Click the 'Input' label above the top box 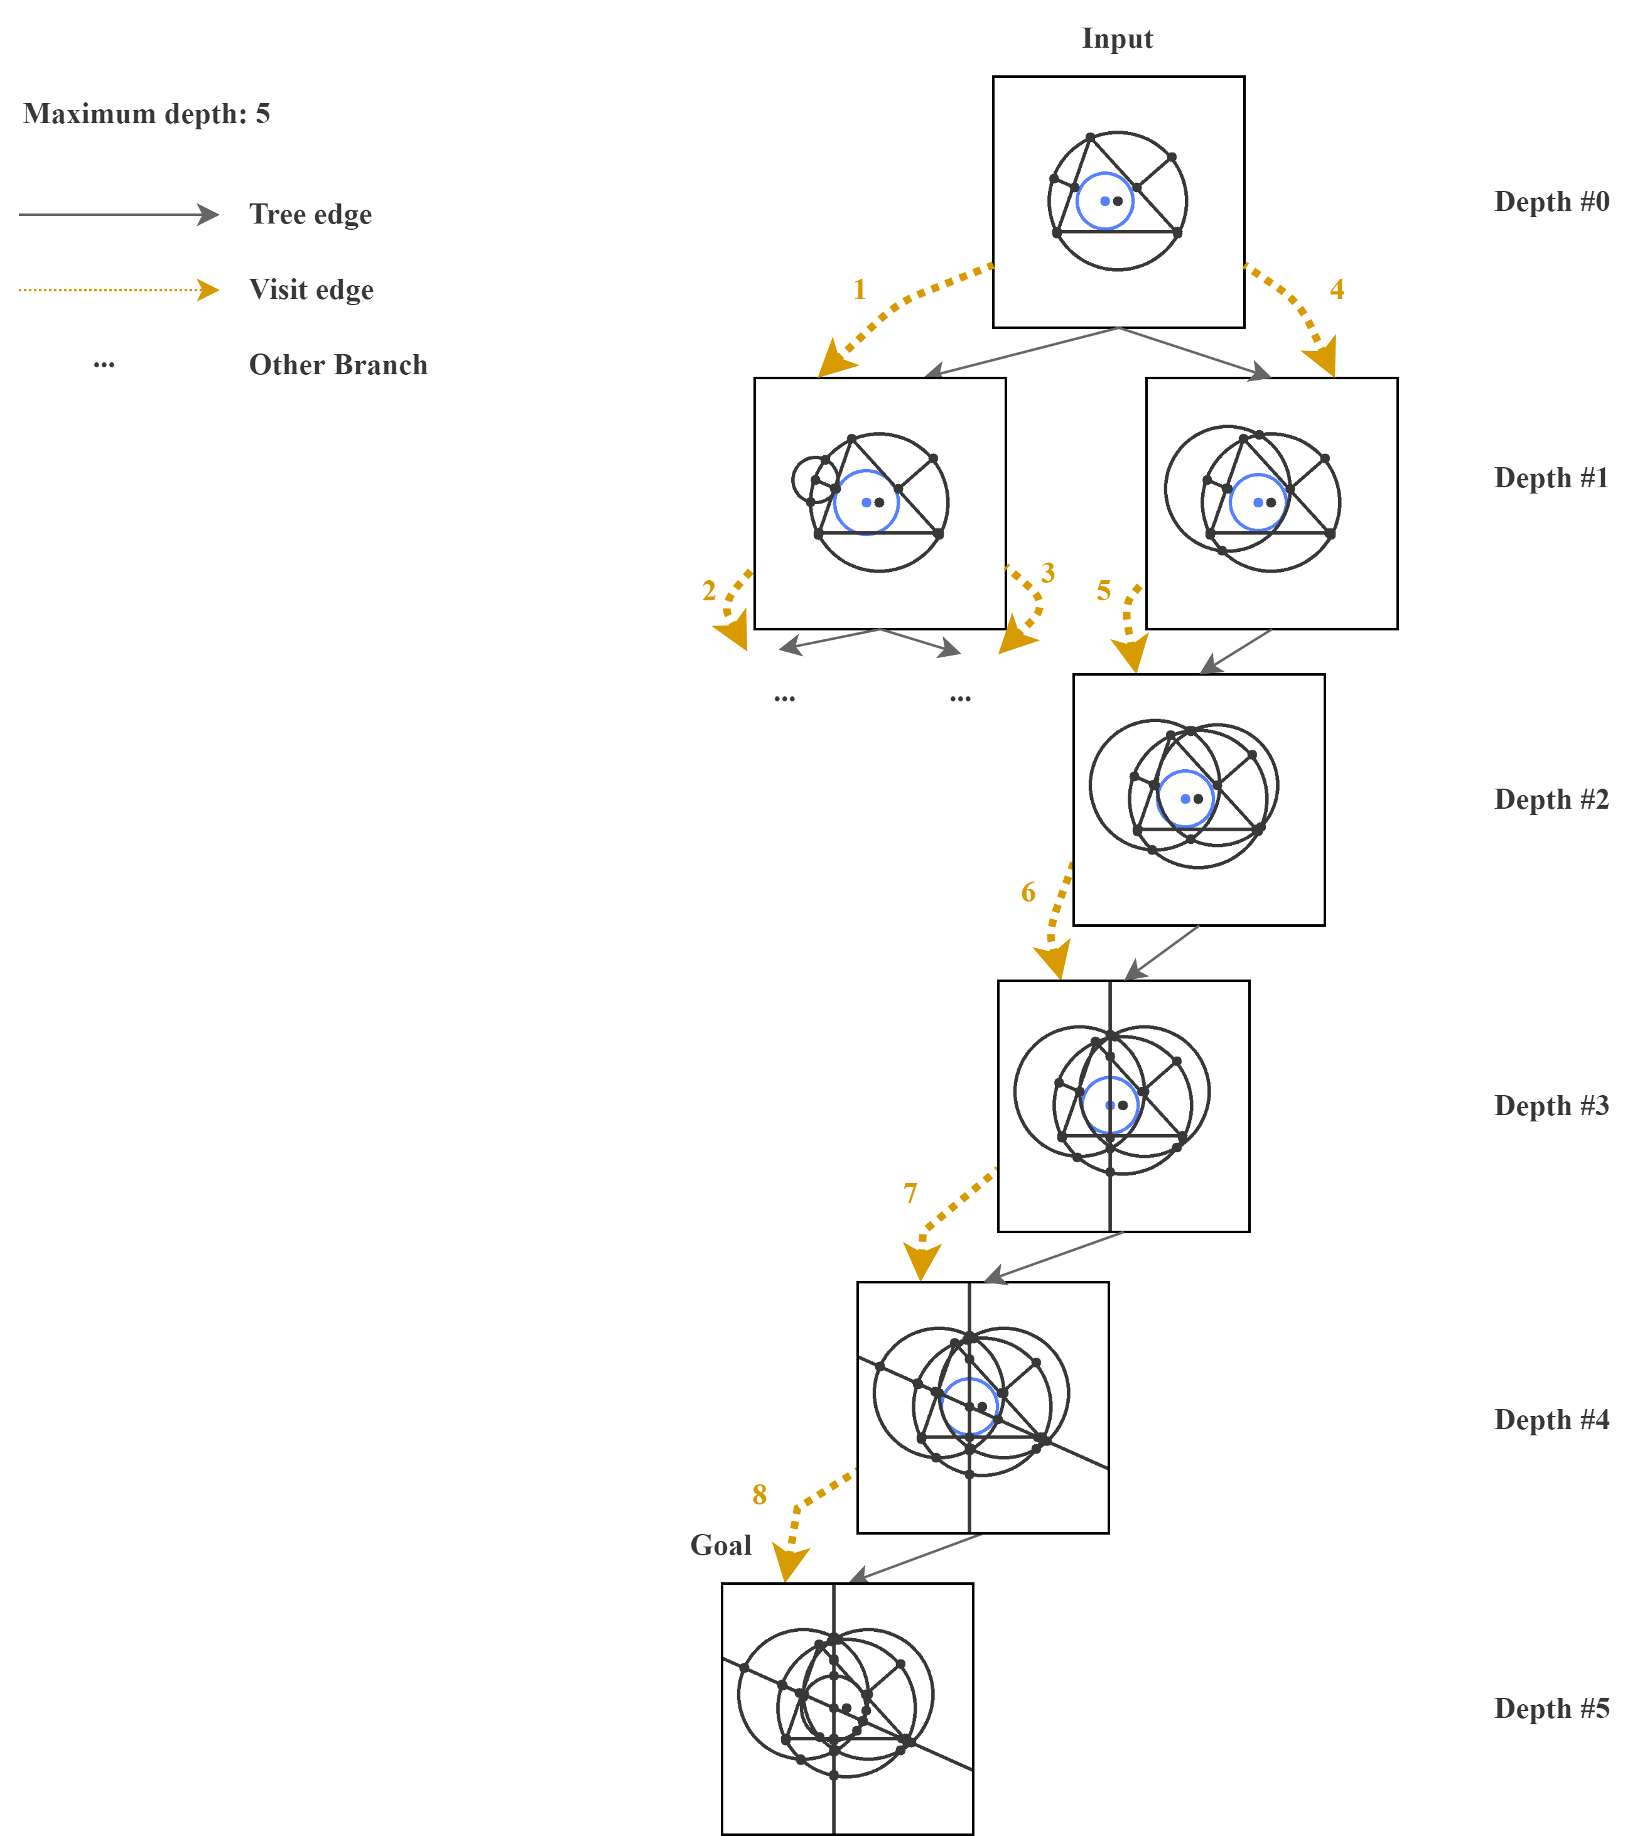point(1117,39)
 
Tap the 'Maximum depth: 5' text point(146,114)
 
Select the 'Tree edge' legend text point(310,215)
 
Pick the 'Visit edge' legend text point(311,290)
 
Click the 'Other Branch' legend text point(338,365)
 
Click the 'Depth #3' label point(1551,1106)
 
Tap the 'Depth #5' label point(1551,1709)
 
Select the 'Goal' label point(720,1546)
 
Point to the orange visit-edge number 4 point(1336,289)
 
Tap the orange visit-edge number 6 point(1028,892)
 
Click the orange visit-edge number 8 point(759,1494)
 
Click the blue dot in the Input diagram point(1104,201)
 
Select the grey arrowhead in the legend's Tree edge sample point(209,215)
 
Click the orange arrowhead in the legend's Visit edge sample point(209,290)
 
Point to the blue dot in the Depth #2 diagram point(1185,799)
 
